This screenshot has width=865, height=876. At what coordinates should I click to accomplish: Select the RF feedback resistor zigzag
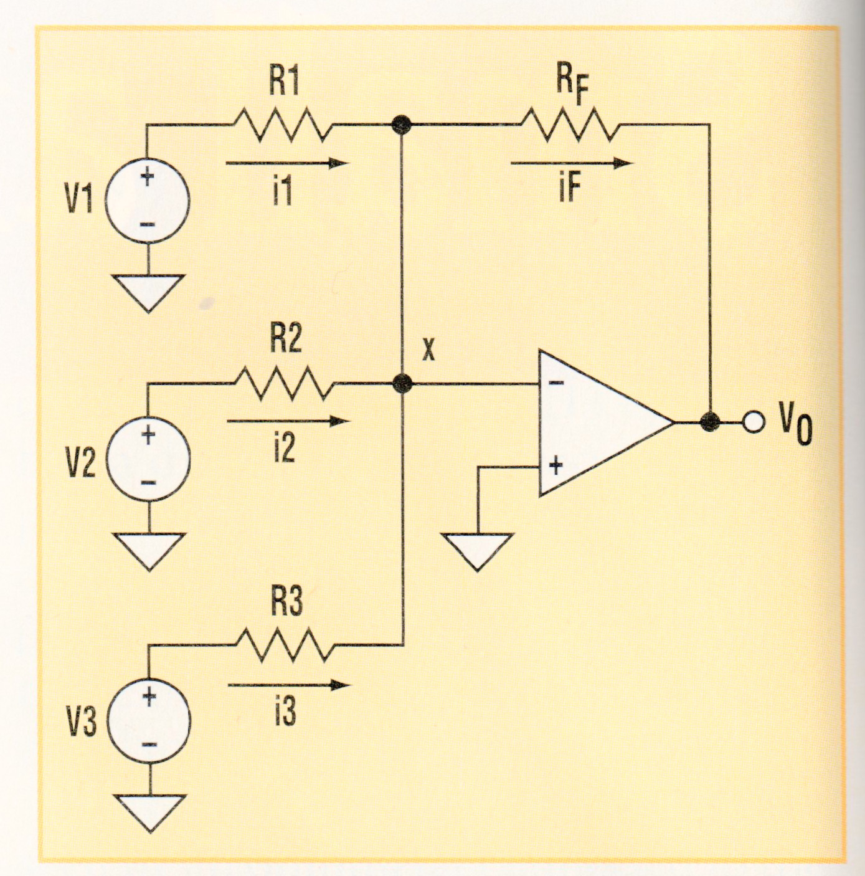tap(570, 125)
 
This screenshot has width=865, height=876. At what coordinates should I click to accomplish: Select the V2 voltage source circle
tap(148, 459)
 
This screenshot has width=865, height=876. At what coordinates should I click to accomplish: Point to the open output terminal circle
tap(753, 423)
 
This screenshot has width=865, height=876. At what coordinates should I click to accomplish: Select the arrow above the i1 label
tap(288, 163)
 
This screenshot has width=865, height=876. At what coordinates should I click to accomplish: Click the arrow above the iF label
tap(571, 163)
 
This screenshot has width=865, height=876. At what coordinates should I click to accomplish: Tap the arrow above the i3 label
tap(288, 685)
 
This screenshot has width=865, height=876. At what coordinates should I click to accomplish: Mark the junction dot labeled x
tap(403, 383)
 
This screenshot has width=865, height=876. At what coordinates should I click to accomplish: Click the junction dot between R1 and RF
tap(402, 125)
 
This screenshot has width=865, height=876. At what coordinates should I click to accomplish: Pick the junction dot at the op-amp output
tap(709, 422)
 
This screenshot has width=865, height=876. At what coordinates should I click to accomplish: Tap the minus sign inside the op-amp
tap(556, 383)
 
